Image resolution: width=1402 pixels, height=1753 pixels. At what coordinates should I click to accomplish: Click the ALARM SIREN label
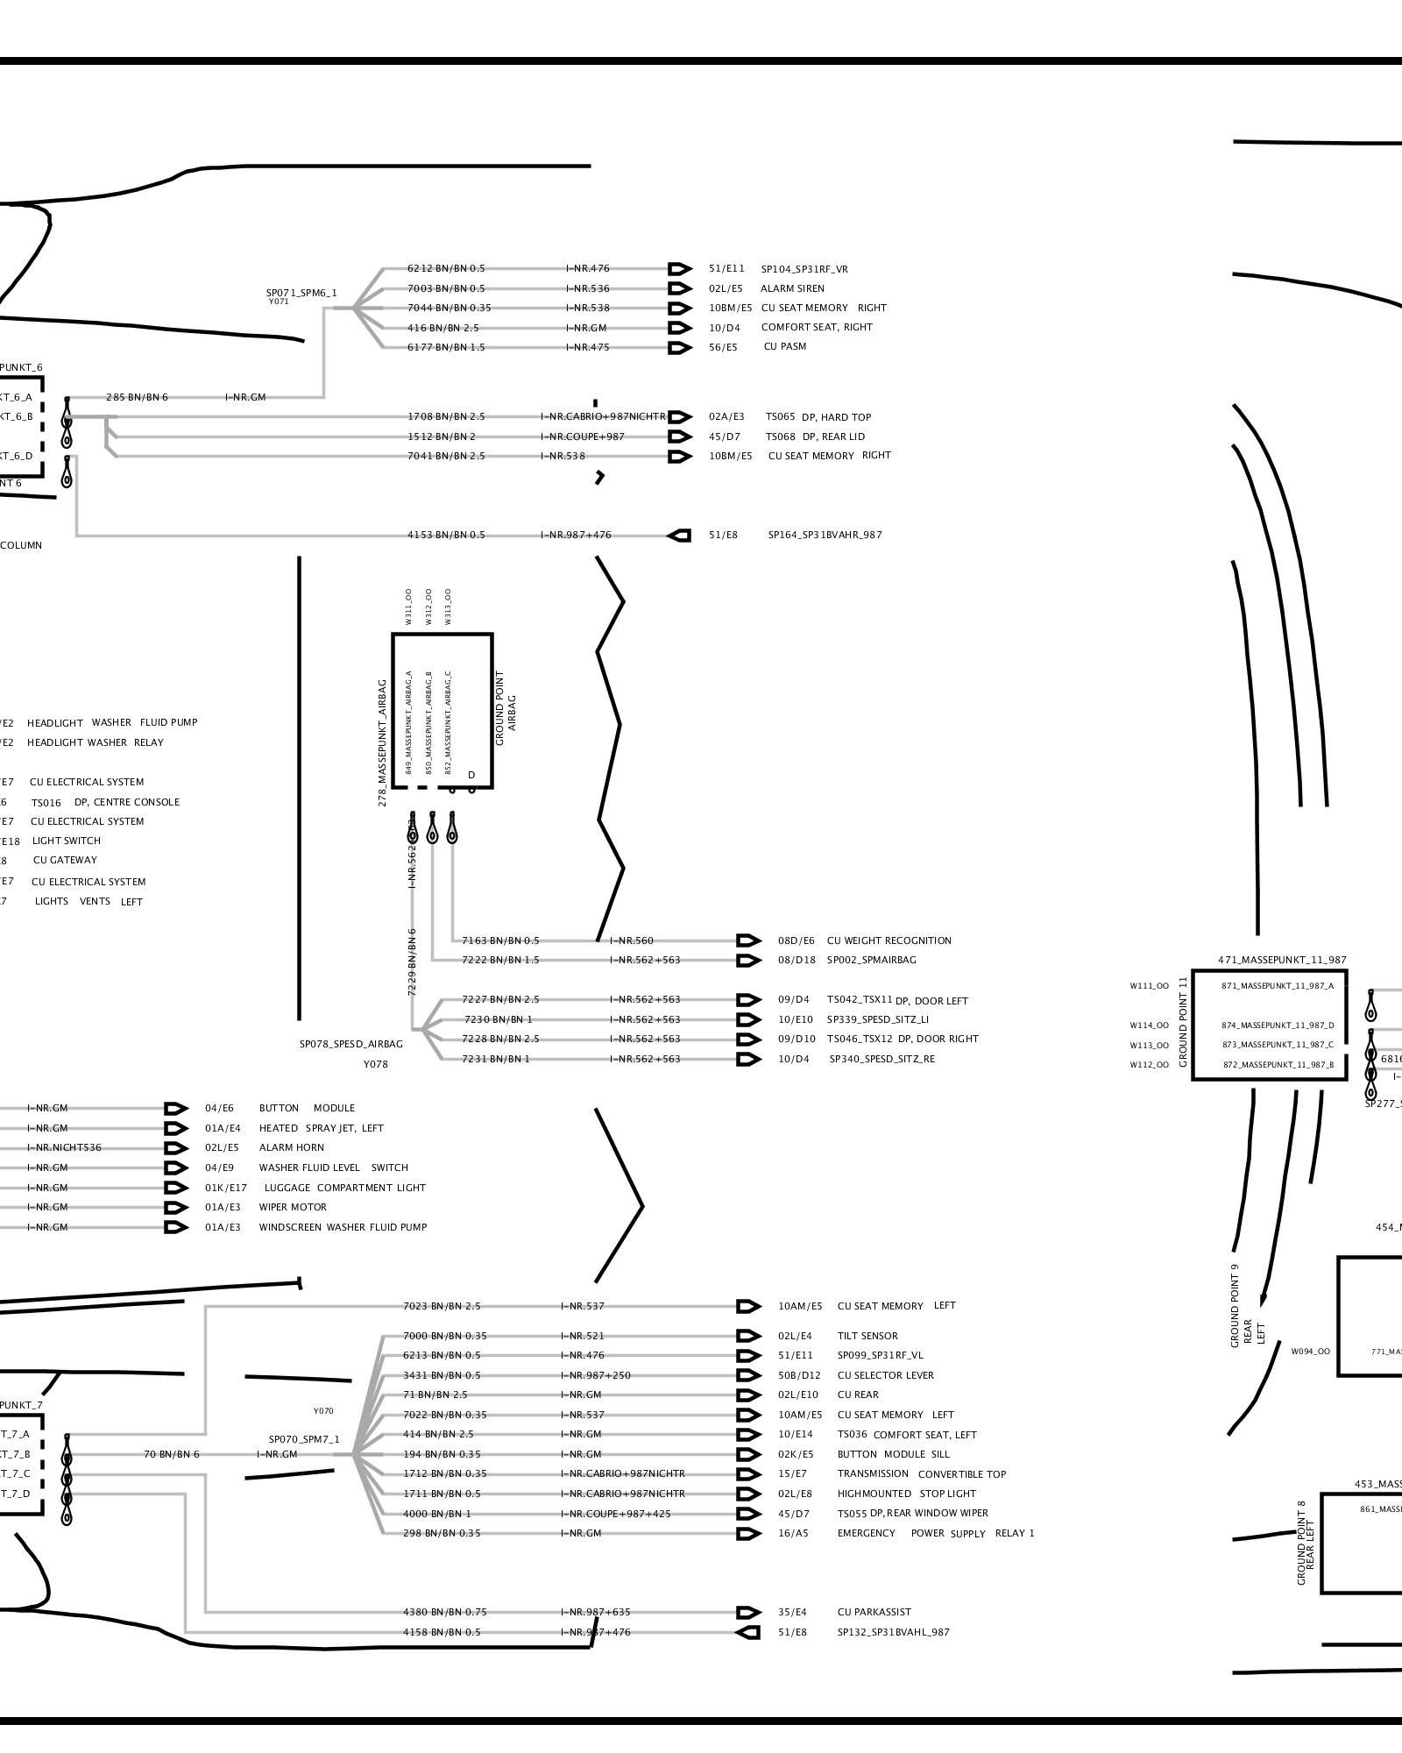click(x=792, y=288)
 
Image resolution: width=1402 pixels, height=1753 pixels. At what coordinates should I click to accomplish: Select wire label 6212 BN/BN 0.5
click(x=446, y=269)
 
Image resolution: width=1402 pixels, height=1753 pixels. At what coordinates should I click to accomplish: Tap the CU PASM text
click(x=785, y=346)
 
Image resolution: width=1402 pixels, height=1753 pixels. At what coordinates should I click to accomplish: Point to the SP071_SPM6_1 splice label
click(x=301, y=293)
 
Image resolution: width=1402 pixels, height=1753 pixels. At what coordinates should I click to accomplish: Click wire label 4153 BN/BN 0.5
click(x=446, y=535)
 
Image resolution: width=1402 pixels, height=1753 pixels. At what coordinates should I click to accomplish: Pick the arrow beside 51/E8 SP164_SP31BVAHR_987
click(x=679, y=535)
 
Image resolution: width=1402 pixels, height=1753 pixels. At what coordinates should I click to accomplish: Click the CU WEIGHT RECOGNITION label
click(x=889, y=940)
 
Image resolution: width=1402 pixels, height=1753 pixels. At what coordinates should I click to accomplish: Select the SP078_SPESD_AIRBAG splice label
click(x=351, y=1044)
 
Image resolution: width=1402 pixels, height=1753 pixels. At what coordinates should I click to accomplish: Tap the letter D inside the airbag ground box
click(x=471, y=775)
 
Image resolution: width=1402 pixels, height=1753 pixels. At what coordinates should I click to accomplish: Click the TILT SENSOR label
click(x=867, y=1336)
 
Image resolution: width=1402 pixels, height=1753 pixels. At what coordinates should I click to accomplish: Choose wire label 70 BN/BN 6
click(x=172, y=1454)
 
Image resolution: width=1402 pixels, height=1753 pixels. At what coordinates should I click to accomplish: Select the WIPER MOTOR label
click(x=293, y=1207)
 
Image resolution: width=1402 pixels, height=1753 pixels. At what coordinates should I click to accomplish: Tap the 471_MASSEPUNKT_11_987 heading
click(x=1282, y=961)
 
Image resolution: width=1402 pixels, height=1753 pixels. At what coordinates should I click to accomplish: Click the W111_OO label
click(x=1149, y=986)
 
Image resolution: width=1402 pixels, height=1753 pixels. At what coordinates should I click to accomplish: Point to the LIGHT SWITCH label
click(x=67, y=841)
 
